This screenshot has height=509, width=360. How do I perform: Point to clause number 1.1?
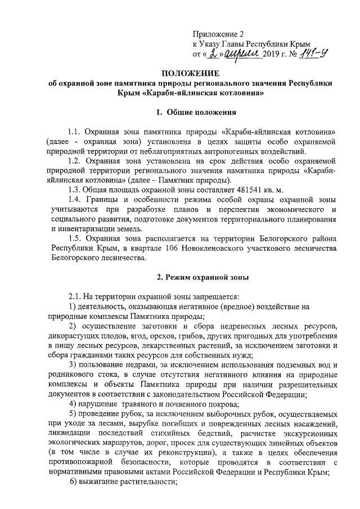pos(74,130)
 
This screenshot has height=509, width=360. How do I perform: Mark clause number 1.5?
pos(74,238)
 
